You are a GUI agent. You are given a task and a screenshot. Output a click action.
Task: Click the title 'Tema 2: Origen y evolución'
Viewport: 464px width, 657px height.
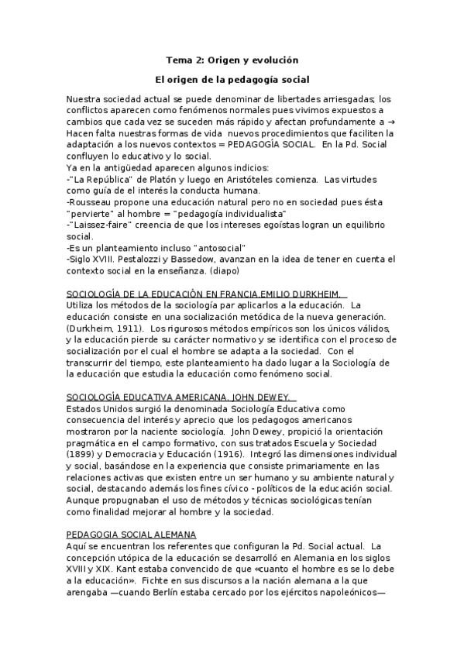[232, 60]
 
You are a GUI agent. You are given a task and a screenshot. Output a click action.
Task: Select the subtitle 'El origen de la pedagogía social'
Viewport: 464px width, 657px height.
[232, 80]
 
